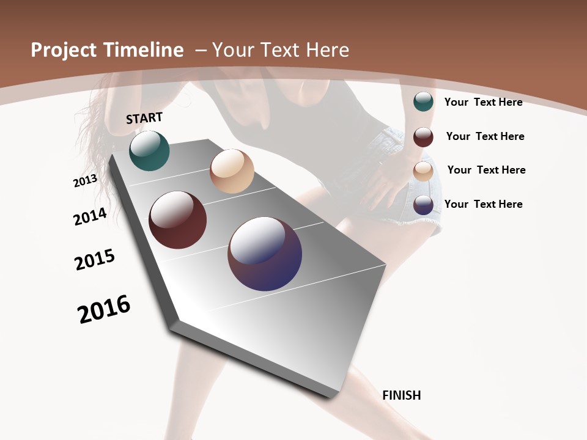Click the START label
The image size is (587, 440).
[144, 118]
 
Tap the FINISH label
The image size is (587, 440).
[402, 395]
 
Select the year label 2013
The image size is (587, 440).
[86, 181]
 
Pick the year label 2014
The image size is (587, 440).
[90, 216]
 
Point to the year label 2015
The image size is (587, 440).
[95, 260]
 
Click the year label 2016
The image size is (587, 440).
[104, 309]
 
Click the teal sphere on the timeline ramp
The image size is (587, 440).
[149, 151]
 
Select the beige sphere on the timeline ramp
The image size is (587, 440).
[232, 171]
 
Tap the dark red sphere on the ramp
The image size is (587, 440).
[178, 220]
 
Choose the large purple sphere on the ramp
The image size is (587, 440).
[265, 254]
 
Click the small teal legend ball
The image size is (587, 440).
[423, 101]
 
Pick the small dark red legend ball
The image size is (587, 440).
[423, 137]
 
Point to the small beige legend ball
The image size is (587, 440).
[423, 171]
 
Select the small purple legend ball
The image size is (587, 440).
[423, 205]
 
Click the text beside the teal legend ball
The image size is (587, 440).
[483, 102]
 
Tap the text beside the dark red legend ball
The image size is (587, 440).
[485, 136]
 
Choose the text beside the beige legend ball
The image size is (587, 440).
[486, 170]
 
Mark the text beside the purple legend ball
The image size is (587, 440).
[483, 204]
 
